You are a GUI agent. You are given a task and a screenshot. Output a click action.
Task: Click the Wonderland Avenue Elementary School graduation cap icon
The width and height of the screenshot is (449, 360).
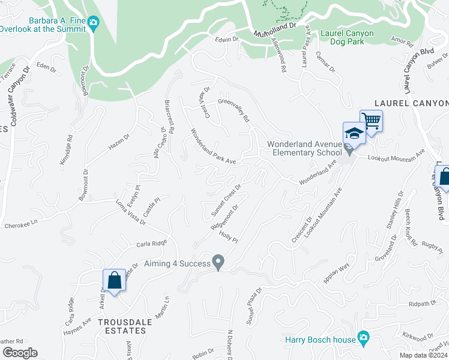click(x=354, y=133)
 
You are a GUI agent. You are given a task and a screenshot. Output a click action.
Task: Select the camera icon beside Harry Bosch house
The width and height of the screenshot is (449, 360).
click(x=363, y=340)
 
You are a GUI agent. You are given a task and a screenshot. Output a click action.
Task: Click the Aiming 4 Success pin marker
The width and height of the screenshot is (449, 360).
click(x=218, y=262)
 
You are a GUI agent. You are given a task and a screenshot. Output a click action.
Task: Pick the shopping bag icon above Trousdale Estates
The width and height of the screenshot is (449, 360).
click(x=113, y=280)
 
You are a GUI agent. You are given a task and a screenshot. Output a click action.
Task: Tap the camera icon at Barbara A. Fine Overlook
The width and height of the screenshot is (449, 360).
click(x=93, y=23)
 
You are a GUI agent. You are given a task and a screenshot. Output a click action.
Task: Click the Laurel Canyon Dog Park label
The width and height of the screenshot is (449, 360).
click(x=347, y=38)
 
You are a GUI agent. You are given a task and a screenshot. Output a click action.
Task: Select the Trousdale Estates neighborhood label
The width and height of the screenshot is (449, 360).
click(x=125, y=326)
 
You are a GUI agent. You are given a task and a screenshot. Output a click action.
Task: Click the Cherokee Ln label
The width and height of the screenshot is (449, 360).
click(x=22, y=222)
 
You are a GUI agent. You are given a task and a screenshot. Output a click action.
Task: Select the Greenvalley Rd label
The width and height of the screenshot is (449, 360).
click(x=234, y=110)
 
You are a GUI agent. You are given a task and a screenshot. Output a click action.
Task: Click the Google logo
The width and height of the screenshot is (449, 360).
click(x=20, y=353)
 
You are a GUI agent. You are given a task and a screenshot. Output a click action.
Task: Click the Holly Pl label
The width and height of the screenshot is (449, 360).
click(x=229, y=238)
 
